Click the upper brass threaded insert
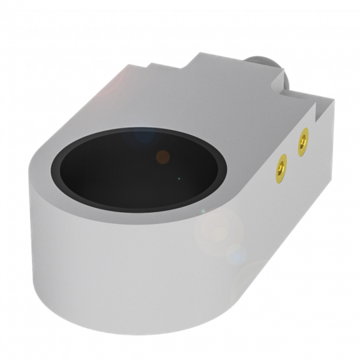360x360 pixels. coord(302,141)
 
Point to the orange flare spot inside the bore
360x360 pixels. coord(163,156)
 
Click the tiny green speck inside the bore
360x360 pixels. coord(179,178)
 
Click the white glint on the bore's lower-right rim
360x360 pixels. coord(202,210)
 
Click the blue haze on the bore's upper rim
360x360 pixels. coord(141,136)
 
